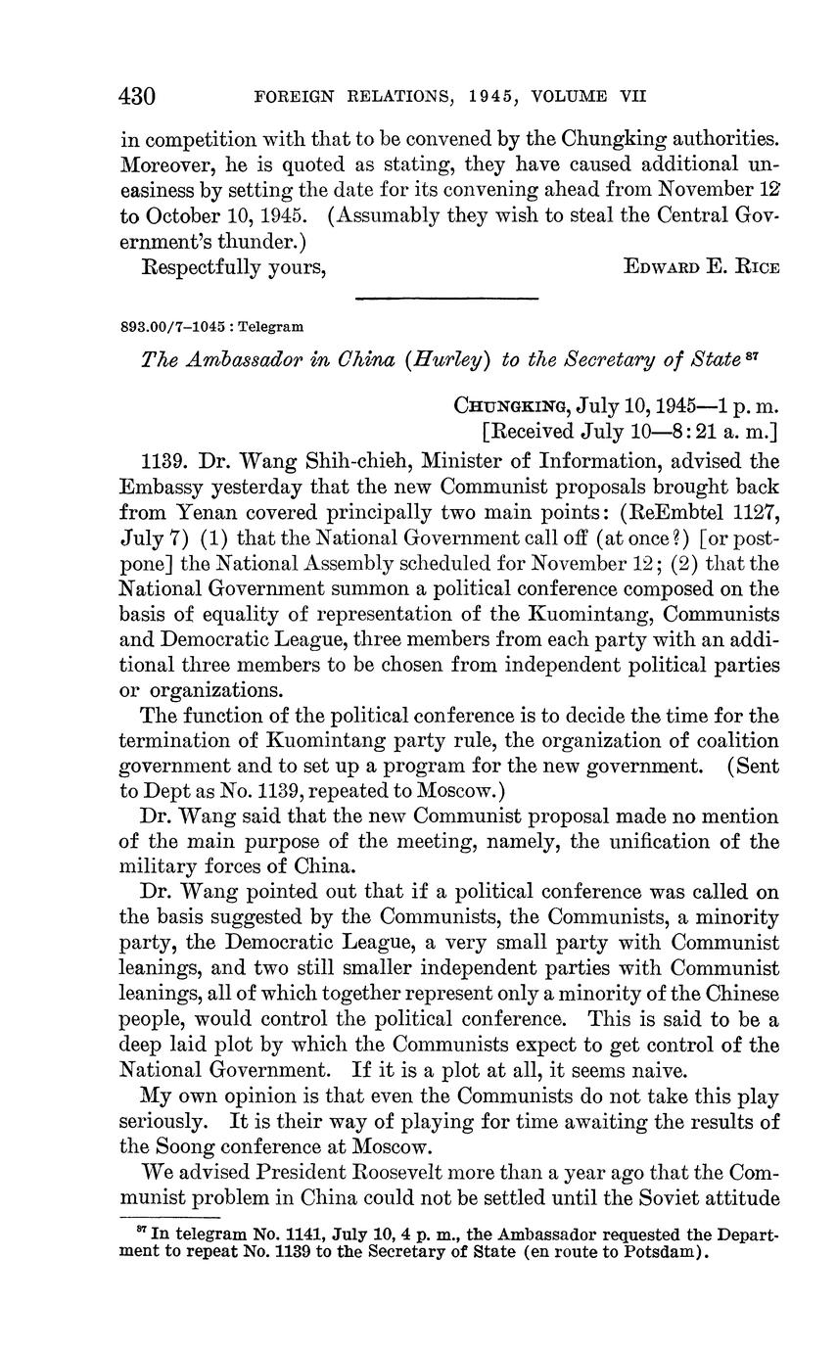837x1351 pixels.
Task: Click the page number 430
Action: point(137,96)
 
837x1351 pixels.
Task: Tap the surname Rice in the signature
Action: point(755,267)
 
